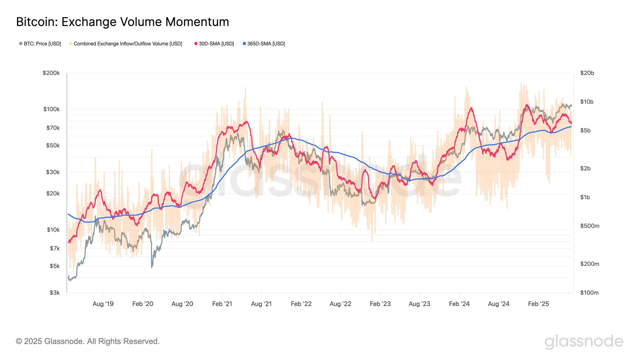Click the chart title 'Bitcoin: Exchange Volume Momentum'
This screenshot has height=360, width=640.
[x=122, y=22]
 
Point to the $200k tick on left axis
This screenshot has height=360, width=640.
[x=51, y=73]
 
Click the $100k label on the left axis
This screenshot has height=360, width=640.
[x=51, y=109]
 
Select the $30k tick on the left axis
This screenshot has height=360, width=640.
[x=53, y=172]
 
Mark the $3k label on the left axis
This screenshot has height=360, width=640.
[x=55, y=292]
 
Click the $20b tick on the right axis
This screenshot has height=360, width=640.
[x=587, y=73]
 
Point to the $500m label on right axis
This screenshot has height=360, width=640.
[x=590, y=226]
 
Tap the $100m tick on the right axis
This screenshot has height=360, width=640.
[x=589, y=292]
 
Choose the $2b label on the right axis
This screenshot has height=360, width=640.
[x=585, y=168]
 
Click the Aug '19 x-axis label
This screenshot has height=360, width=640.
[x=103, y=304]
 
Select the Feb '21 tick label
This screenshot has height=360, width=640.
[x=222, y=304]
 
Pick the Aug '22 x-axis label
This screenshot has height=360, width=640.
[x=340, y=304]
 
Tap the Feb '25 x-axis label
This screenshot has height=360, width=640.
[x=538, y=304]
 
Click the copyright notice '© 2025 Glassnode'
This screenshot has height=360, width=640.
[x=87, y=341]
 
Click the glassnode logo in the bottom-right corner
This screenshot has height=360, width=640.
[x=584, y=341]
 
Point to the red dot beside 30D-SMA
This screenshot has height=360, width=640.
[x=196, y=44]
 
